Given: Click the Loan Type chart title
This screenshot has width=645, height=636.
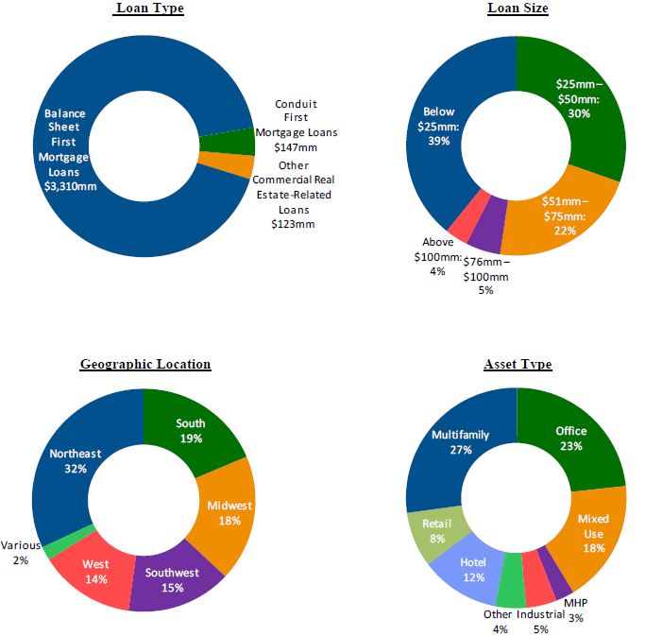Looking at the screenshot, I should (x=149, y=9).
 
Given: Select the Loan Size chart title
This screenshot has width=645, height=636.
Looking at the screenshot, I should (x=518, y=9).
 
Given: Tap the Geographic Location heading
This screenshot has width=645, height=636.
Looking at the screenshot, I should (x=145, y=364).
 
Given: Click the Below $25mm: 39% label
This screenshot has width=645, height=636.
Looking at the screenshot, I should (x=439, y=126).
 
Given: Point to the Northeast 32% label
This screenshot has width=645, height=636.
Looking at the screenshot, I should (x=75, y=460).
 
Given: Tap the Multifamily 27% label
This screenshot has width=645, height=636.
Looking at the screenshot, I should (x=460, y=442).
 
